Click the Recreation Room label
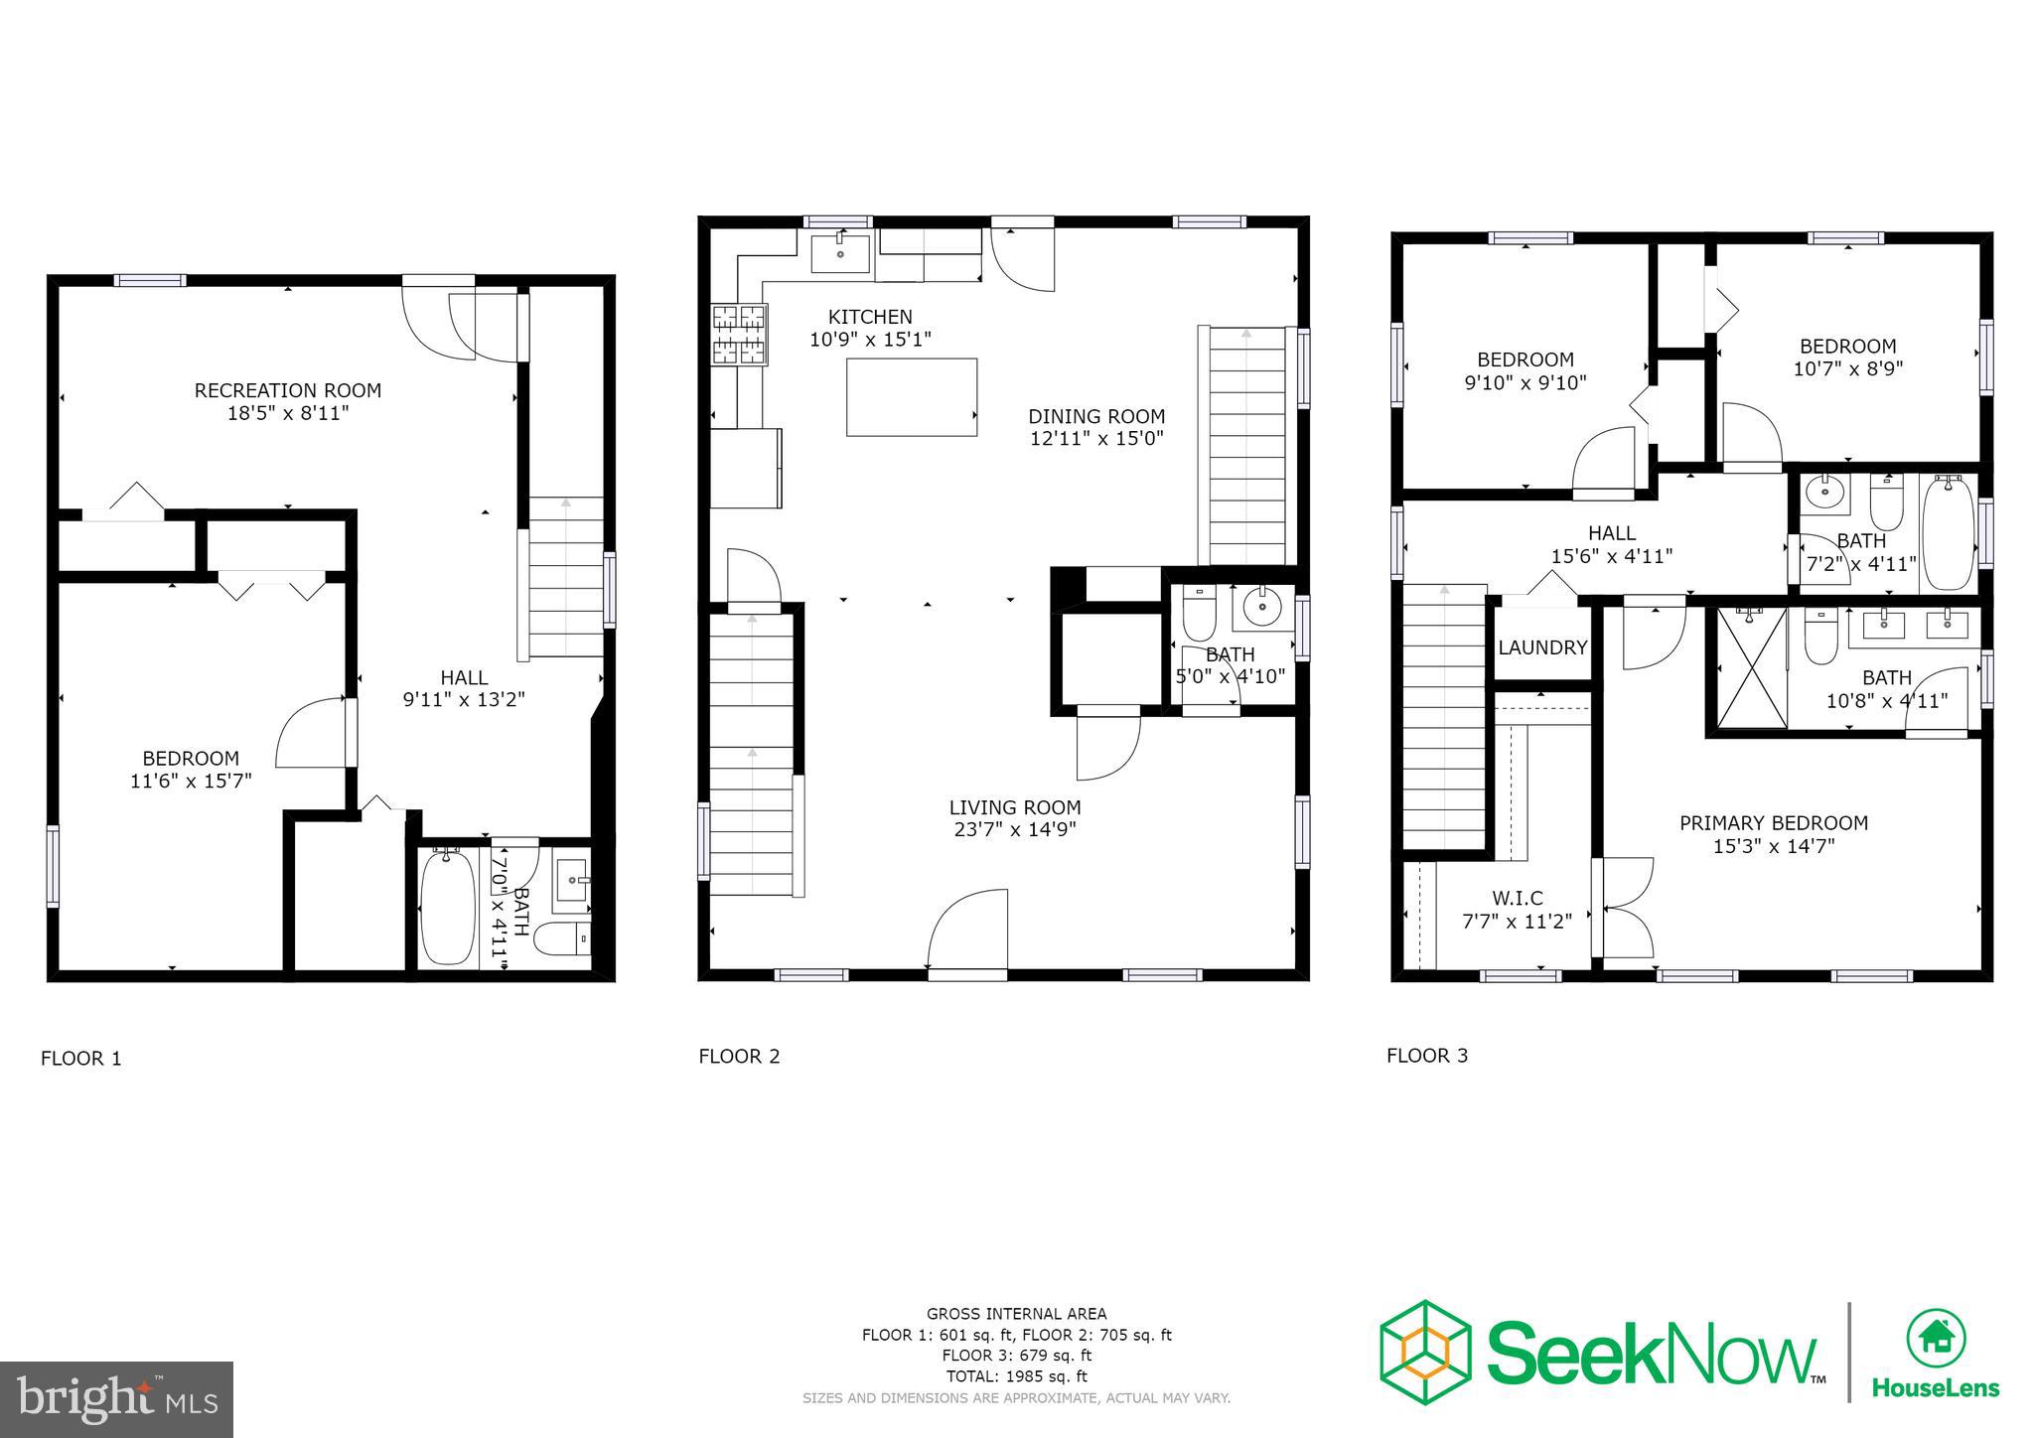(287, 390)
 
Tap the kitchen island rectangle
(911, 397)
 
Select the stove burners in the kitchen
(739, 335)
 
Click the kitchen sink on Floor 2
(840, 254)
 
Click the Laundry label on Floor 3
(1541, 647)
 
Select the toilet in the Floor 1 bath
(563, 937)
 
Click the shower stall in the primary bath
(1750, 667)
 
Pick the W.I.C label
(1517, 899)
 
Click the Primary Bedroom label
(1773, 823)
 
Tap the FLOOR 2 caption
(739, 1057)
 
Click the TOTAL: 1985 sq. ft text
(1016, 1376)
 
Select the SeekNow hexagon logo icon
(1424, 1352)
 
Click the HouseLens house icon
(1935, 1339)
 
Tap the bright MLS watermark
(116, 1400)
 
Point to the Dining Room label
(1095, 416)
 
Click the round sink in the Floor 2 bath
(1262, 607)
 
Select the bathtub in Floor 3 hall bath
(1948, 532)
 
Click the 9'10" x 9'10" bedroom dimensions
(1525, 382)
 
